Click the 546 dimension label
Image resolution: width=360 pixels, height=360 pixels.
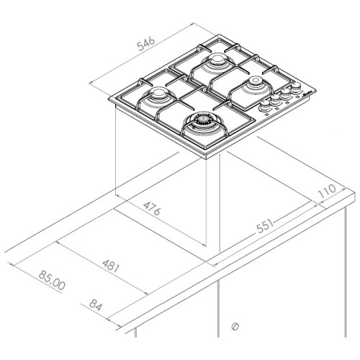[146, 44]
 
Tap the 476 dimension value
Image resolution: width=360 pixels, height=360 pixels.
[152, 208]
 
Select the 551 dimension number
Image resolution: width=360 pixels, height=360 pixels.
[265, 226]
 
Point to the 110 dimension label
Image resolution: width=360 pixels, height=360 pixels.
[327, 191]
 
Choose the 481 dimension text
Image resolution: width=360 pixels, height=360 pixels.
[111, 266]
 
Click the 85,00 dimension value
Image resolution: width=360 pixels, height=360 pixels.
[52, 280]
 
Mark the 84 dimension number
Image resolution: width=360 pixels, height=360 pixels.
[96, 305]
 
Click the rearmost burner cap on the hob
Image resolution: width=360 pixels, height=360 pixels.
[217, 59]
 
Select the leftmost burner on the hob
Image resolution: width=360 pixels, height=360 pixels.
[158, 93]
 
